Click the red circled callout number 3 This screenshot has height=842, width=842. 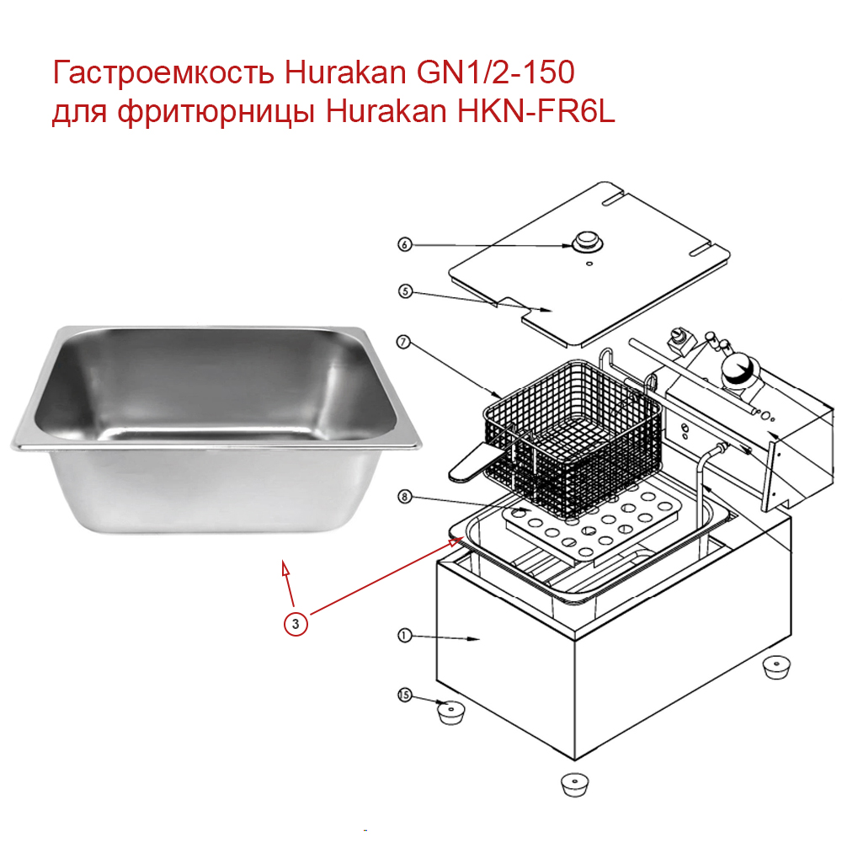(x=295, y=623)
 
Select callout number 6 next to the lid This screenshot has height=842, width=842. (x=404, y=245)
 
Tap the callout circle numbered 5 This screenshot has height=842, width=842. (x=404, y=291)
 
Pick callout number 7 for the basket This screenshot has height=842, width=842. (x=404, y=343)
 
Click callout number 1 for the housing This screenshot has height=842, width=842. (x=404, y=637)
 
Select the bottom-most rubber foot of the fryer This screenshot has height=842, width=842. (x=577, y=784)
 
